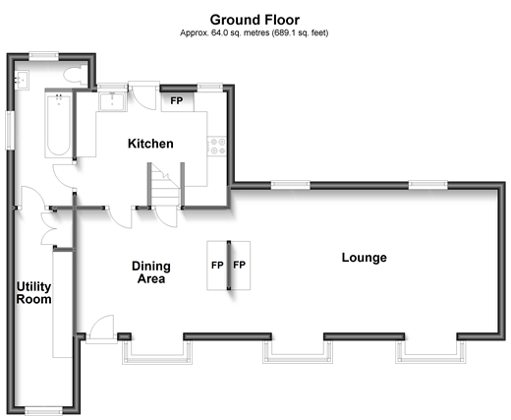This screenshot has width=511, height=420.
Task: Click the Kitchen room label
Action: coord(150,144)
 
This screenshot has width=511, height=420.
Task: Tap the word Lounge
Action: coord(364,258)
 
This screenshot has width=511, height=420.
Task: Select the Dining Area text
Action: coord(151,272)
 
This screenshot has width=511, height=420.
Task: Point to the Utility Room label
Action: coord(33,293)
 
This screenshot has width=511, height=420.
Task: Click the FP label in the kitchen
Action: coord(177,100)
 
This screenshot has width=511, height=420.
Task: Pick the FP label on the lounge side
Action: coord(240,266)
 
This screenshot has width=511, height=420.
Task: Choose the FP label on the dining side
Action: coord(216,266)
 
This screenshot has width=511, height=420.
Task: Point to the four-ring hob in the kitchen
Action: coord(218,146)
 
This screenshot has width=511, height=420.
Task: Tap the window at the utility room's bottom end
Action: coord(43,410)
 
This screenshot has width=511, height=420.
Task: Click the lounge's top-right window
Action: coord(428,184)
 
